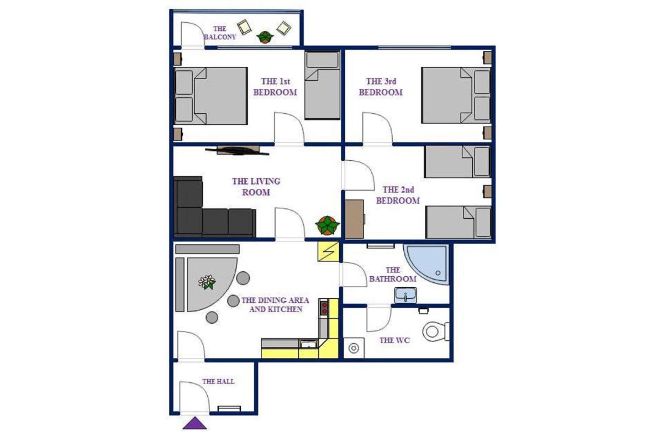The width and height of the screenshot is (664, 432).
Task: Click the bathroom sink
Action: click(x=405, y=295)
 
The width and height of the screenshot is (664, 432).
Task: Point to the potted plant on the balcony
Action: click(x=265, y=37)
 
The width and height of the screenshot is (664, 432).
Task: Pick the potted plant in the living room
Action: click(x=327, y=225)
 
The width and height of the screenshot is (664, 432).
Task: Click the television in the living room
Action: click(x=237, y=151)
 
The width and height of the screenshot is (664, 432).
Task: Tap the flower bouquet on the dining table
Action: click(x=207, y=282)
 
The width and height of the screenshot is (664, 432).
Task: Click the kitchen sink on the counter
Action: click(x=309, y=344)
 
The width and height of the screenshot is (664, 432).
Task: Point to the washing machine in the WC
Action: click(x=354, y=348)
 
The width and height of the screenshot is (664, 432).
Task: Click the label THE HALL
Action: click(x=218, y=381)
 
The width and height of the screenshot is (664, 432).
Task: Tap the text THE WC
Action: click(x=395, y=340)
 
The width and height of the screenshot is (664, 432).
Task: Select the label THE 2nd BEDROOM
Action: click(x=398, y=195)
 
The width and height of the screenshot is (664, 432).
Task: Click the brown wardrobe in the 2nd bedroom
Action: click(x=355, y=219)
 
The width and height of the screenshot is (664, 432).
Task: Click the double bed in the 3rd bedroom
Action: click(x=456, y=96)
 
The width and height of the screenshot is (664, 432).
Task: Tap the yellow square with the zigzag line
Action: click(x=328, y=251)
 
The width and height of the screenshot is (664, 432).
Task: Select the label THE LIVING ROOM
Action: click(x=256, y=187)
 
